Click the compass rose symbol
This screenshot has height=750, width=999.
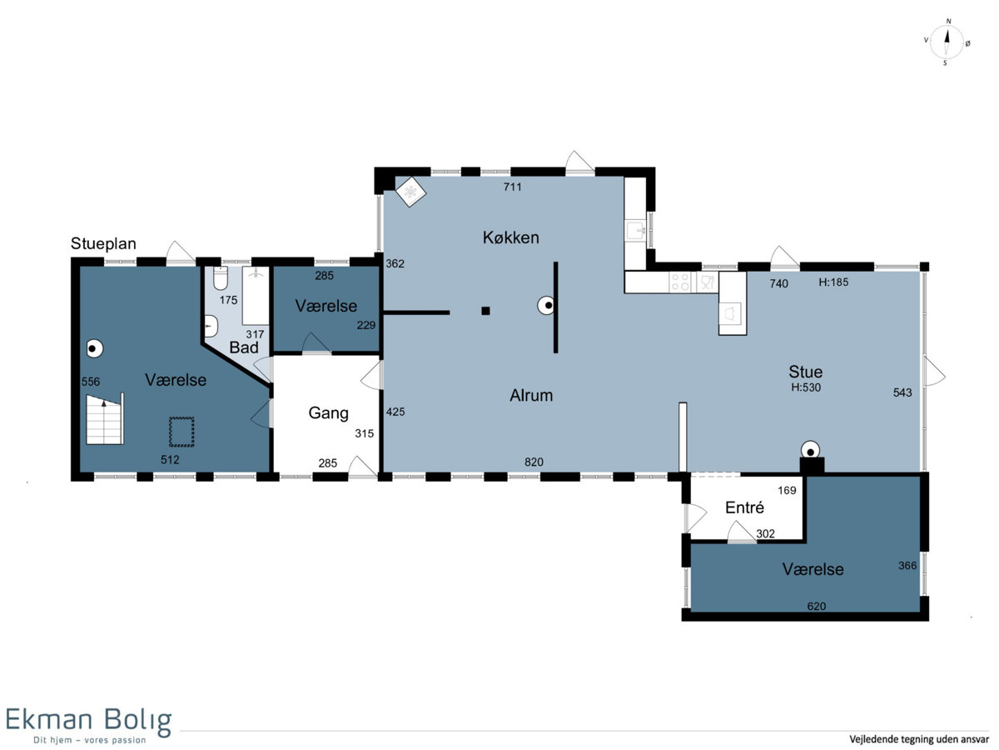point(947,42)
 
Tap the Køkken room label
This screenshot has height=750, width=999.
point(510,237)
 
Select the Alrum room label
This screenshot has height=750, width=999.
point(531,395)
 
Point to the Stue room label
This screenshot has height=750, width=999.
point(806,372)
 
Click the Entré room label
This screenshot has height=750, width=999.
point(744,507)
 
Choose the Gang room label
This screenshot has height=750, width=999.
point(328,413)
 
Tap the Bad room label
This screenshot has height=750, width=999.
point(244,347)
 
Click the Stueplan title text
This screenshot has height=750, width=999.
point(103,243)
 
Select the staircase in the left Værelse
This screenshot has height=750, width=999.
point(105,418)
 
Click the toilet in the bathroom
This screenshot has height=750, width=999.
point(221,278)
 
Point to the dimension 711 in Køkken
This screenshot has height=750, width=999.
point(513,187)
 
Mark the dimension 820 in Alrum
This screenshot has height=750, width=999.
point(534,462)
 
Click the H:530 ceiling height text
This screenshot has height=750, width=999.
point(806,387)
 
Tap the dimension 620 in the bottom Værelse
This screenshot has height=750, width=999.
point(817,606)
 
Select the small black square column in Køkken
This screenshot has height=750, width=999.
point(485,311)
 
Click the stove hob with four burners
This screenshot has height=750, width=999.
point(680,282)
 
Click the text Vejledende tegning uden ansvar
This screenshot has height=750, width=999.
point(919,739)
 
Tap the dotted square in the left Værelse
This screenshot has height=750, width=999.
point(181,432)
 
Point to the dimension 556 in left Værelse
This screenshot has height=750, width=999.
point(91,382)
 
